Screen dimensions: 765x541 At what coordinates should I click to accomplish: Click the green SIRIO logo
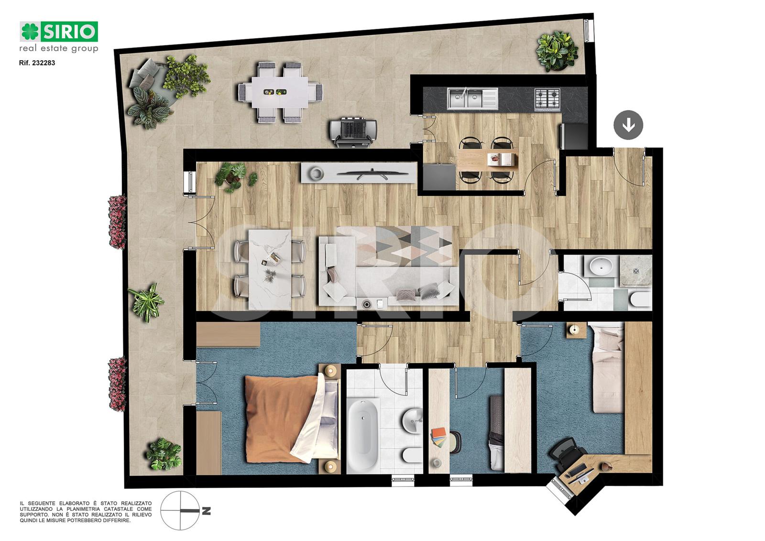(59, 32)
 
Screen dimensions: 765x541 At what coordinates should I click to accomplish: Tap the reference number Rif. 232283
(37, 63)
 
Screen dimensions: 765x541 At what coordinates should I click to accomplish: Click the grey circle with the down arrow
(628, 125)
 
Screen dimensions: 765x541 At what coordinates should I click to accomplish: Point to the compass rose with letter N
(185, 510)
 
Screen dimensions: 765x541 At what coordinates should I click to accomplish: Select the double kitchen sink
(472, 99)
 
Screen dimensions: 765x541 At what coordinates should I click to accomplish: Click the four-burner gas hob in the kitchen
(547, 100)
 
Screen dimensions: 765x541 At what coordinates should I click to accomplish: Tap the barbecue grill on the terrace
(353, 132)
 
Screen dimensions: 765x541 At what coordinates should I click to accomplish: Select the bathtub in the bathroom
(363, 434)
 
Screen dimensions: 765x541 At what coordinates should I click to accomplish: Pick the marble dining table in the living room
(270, 269)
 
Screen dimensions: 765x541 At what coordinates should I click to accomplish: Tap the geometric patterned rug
(397, 246)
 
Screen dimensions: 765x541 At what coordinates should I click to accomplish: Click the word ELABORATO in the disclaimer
(76, 503)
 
